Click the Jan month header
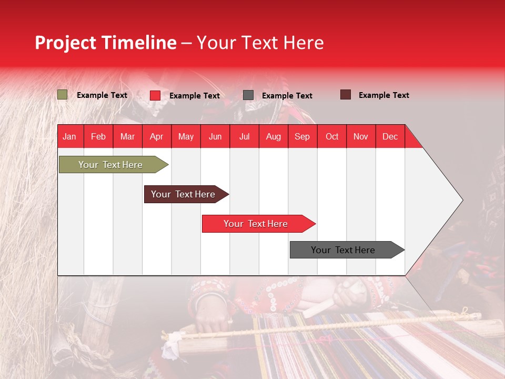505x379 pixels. pos(69,136)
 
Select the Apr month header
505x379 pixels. pos(156,136)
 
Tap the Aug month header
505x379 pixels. pos(273,136)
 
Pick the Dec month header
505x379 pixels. pos(390,136)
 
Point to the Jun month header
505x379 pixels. pos(215,136)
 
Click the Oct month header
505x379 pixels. pos(332,136)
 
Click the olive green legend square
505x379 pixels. pos(62,95)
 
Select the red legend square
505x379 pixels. pos(155,95)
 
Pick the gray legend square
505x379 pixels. pos(248,95)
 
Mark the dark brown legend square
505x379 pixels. pos(345,95)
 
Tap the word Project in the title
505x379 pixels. pos(66,43)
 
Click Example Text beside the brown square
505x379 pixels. pos(383,95)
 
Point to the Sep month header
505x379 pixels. pos(302,136)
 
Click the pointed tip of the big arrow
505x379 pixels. pos(461,200)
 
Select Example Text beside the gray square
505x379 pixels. pos(287,96)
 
